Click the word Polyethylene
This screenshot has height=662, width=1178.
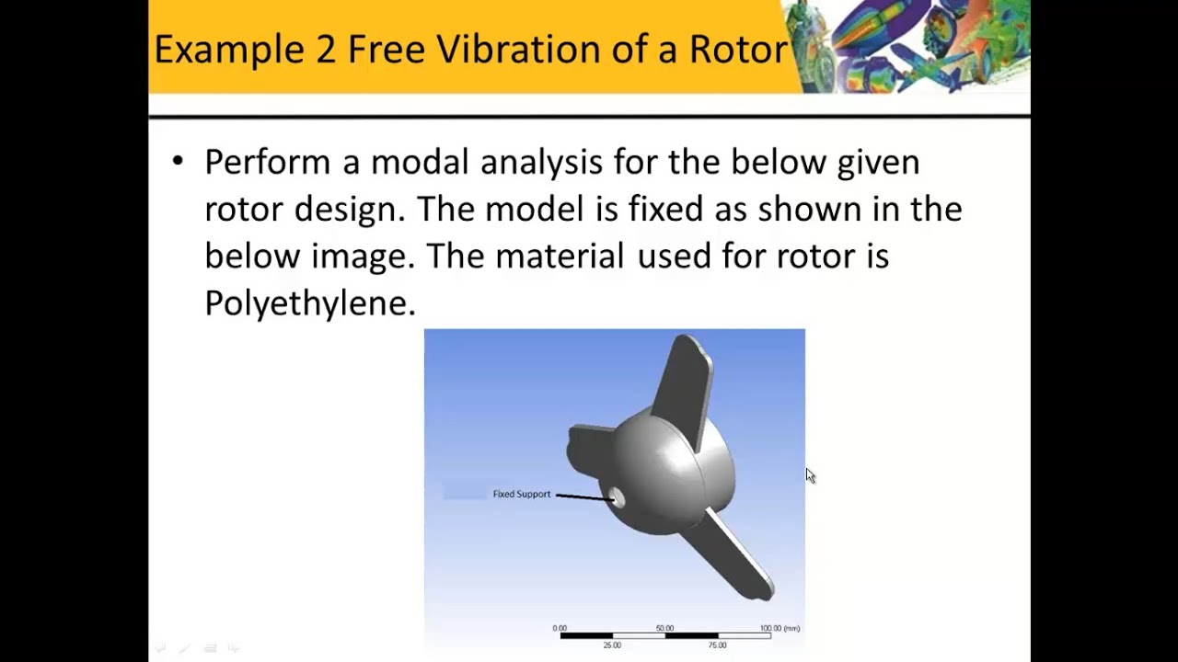[310, 302]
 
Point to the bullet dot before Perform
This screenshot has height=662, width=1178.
[178, 162]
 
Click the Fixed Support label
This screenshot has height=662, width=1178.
[521, 494]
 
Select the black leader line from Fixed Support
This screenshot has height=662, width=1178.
[584, 497]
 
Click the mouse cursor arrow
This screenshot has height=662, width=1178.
[809, 474]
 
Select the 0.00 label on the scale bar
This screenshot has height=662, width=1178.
[560, 628]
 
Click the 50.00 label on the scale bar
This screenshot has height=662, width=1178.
[664, 628]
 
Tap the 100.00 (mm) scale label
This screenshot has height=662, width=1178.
[780, 628]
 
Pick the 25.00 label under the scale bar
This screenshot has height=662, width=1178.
[612, 645]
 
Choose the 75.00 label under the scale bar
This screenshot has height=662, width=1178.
[717, 645]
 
